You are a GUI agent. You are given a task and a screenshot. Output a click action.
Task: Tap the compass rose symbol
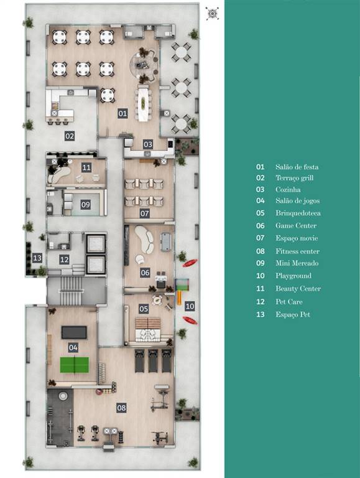[213, 13]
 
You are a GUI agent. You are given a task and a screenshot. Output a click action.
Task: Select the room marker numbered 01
[122, 113]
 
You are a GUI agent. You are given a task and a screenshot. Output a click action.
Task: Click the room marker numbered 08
[122, 408]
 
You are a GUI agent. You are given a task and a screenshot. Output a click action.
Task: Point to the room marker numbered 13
[37, 258]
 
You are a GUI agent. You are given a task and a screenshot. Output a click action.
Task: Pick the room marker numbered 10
[190, 306]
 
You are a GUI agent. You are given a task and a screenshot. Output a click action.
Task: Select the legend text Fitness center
[297, 251]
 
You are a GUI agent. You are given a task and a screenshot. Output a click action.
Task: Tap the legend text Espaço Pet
[293, 314]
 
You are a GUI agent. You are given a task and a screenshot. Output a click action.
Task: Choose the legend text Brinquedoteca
[298, 213]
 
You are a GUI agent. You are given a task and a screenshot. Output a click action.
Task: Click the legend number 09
[261, 263]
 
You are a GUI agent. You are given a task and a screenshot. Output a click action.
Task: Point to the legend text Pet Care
[289, 302]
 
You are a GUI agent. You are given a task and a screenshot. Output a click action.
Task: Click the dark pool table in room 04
[73, 332]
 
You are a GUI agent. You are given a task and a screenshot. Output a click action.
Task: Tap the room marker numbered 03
[148, 144]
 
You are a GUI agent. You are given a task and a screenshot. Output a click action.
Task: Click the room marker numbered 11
[86, 167]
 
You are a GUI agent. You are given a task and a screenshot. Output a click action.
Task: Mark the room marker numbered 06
[145, 273]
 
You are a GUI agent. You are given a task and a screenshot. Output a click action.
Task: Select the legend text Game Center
[296, 226]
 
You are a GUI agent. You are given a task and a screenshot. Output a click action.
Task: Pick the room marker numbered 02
[70, 136]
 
